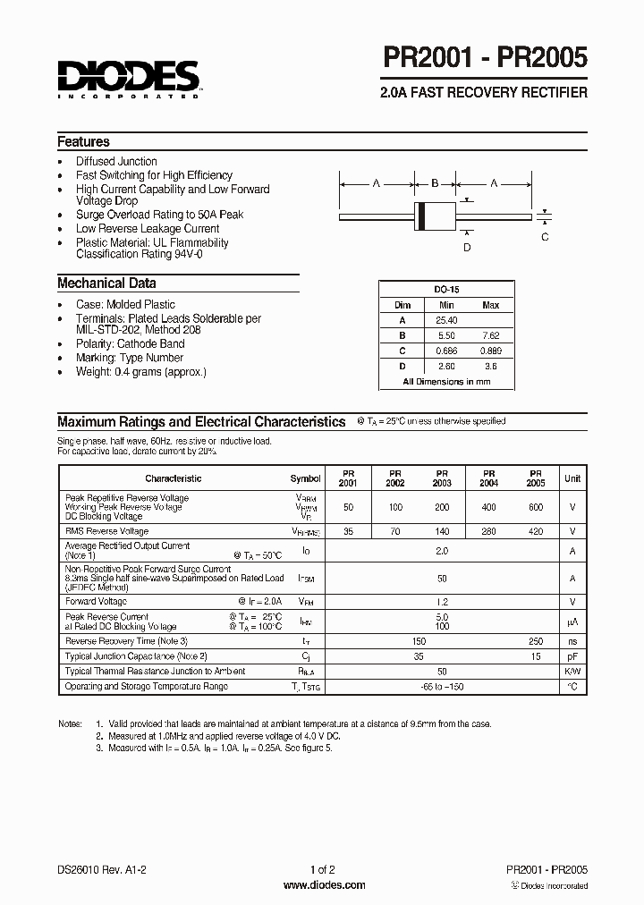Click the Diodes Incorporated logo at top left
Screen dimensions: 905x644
(129, 78)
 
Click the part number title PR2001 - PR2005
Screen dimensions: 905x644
(486, 59)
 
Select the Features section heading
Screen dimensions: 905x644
(83, 141)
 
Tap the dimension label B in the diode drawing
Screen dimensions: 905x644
(435, 183)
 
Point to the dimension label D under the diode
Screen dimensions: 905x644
(467, 248)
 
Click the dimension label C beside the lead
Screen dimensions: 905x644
(545, 237)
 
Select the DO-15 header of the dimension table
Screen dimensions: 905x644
(446, 291)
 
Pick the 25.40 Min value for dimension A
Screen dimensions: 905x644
(447, 320)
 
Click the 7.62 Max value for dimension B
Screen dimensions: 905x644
(490, 335)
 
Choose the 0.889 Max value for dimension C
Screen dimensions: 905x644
(490, 351)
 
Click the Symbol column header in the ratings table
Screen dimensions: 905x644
(305, 478)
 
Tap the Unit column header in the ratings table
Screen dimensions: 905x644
(572, 478)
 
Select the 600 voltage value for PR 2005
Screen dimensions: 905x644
(536, 507)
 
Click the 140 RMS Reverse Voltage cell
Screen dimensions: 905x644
(442, 531)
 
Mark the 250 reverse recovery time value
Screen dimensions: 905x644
(536, 641)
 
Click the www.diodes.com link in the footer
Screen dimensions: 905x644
(323, 885)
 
